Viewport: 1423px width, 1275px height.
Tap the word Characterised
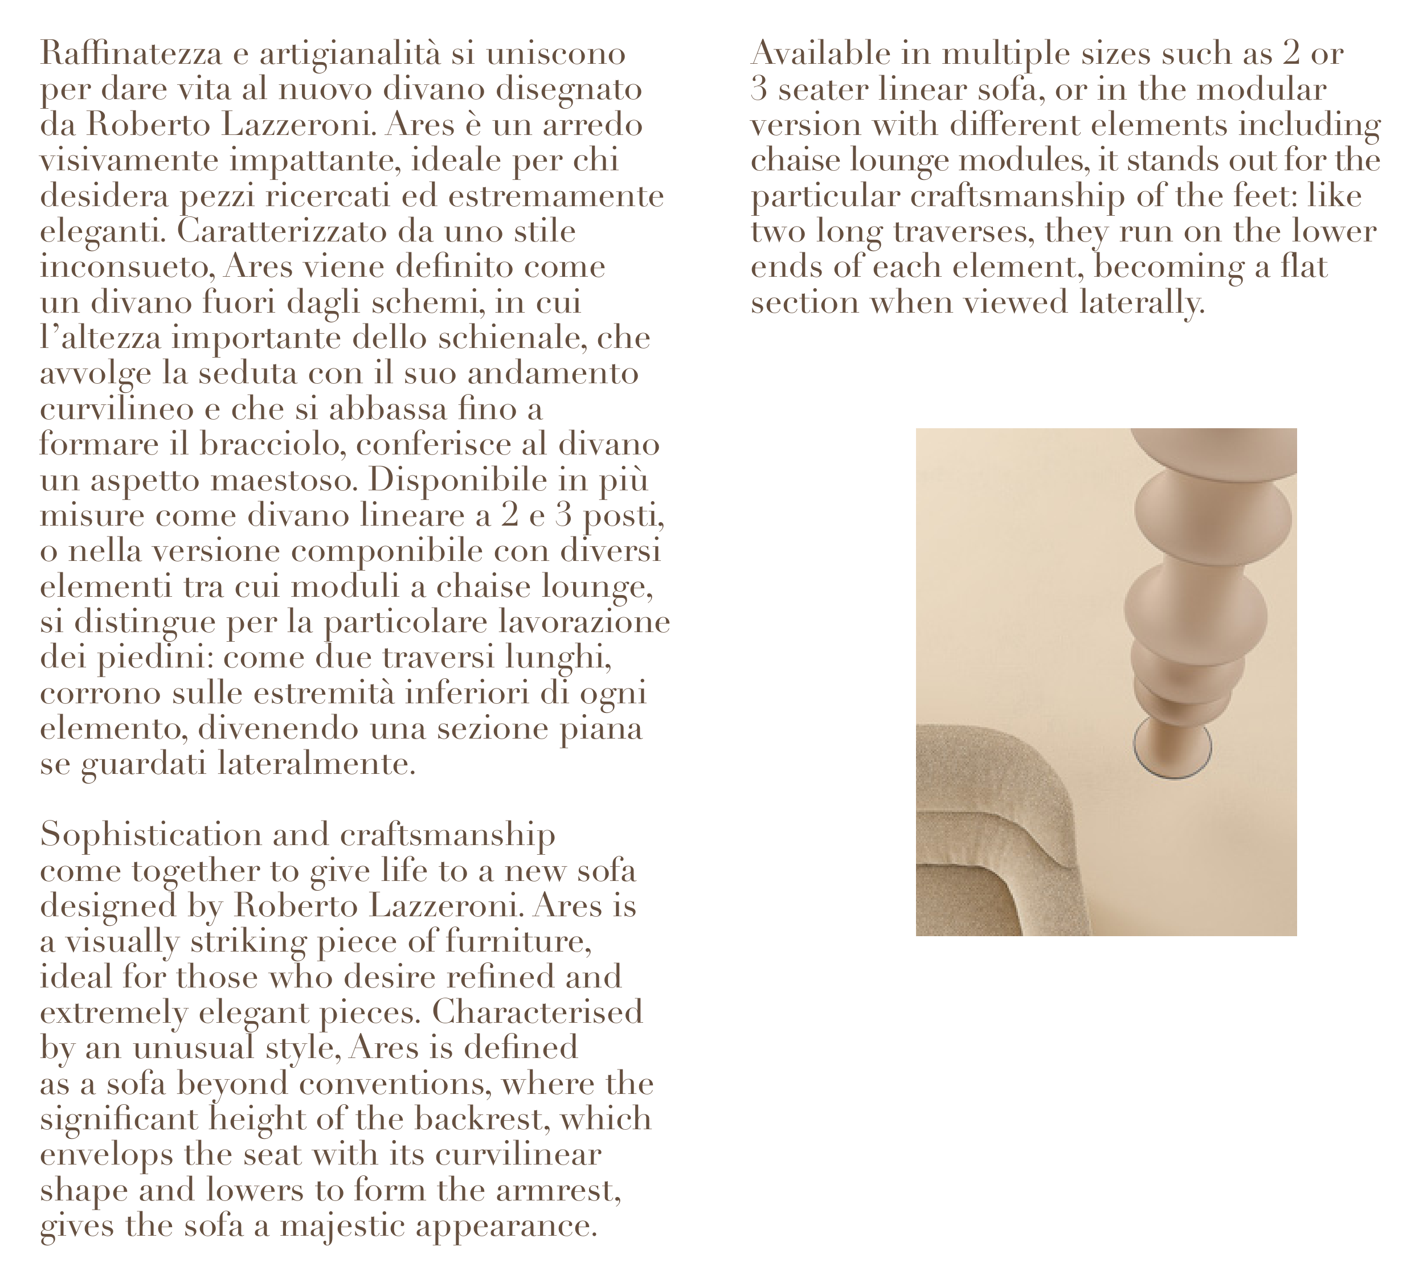pyautogui.click(x=537, y=1011)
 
